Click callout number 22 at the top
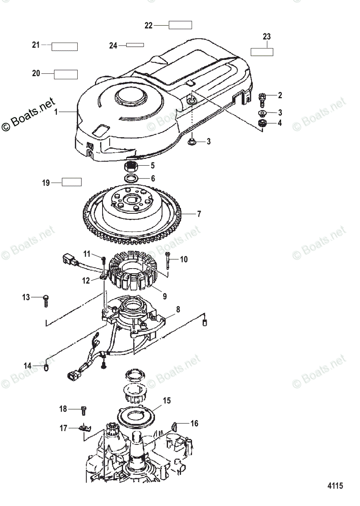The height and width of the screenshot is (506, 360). coord(148,25)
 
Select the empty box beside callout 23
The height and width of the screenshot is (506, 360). coord(262,52)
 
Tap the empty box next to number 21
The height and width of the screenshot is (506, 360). coord(65,46)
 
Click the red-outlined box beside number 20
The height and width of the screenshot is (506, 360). coord(66,74)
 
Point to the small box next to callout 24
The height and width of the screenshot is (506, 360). coord(135,45)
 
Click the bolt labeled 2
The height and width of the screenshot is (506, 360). coord(261,100)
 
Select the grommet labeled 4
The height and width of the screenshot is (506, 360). coord(262,123)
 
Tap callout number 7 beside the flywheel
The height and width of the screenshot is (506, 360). coord(199,214)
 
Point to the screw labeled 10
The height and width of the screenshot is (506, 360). coord(168,259)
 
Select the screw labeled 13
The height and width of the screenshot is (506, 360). coord(47,299)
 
